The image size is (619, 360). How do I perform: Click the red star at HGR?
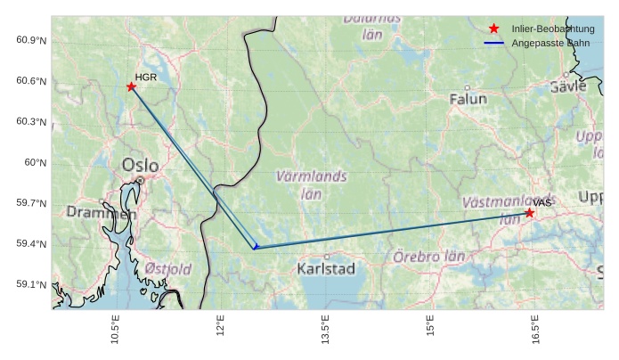(131, 86)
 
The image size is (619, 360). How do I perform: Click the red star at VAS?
(530, 212)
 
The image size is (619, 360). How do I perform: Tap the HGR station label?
(146, 78)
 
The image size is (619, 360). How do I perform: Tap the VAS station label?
(543, 203)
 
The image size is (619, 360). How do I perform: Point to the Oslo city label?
(140, 165)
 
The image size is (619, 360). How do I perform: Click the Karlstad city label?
(326, 268)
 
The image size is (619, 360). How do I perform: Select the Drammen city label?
(101, 213)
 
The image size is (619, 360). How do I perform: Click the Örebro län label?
(429, 257)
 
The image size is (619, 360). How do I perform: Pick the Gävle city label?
(568, 86)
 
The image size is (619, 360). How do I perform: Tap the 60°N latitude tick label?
(36, 163)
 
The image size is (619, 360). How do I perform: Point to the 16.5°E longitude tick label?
(535, 331)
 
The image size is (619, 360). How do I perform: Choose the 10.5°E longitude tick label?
(116, 331)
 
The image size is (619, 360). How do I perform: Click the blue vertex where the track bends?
(255, 247)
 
